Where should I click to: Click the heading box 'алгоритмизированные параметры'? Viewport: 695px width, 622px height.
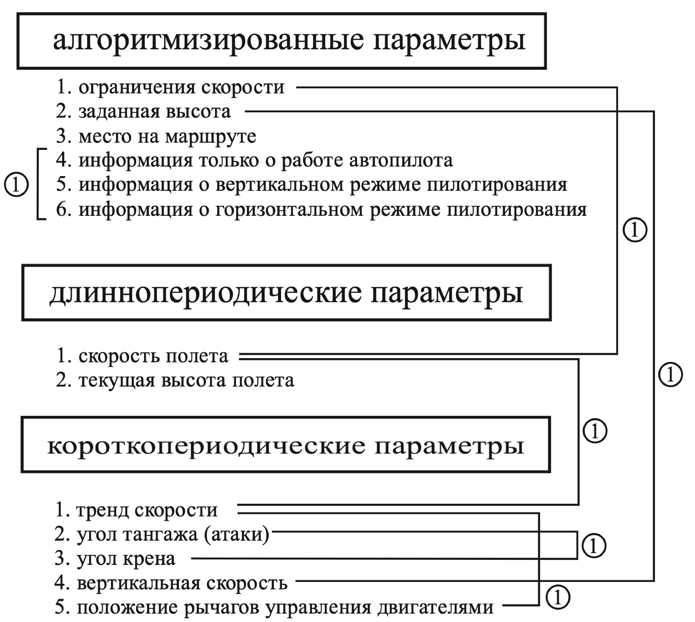pyautogui.click(x=281, y=41)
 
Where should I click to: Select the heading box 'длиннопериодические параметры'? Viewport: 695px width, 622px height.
pyautogui.click(x=286, y=293)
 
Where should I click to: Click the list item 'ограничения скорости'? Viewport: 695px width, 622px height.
pyautogui.click(x=181, y=87)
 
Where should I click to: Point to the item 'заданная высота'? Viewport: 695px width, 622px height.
pyautogui.click(x=155, y=111)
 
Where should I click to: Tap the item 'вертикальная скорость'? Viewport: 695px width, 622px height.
pyautogui.click(x=182, y=584)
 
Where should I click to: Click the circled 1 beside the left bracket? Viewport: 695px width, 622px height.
pyautogui.click(x=16, y=185)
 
